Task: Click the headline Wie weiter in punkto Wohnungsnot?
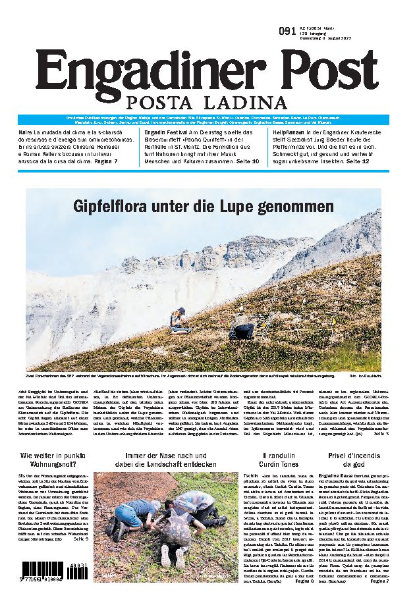[53, 461]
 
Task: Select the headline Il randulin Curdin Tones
[286, 461]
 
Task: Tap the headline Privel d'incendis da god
[354, 461]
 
